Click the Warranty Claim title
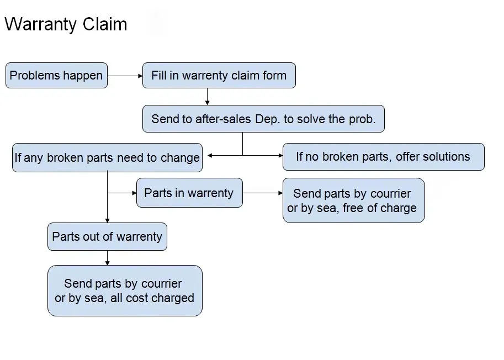click(x=66, y=24)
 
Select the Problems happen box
click(x=56, y=76)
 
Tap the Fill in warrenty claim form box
click(x=219, y=76)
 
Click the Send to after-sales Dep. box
click(x=263, y=119)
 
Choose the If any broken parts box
click(x=107, y=158)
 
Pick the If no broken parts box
click(x=383, y=157)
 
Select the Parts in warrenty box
click(x=189, y=193)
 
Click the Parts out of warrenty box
click(x=107, y=237)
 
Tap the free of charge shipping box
click(x=353, y=200)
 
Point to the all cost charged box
click(x=125, y=290)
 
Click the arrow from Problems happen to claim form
click(x=125, y=76)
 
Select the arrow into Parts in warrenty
click(x=123, y=193)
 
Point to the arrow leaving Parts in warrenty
click(x=263, y=193)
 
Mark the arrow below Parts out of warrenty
click(x=107, y=257)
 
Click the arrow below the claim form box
click(x=207, y=97)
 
